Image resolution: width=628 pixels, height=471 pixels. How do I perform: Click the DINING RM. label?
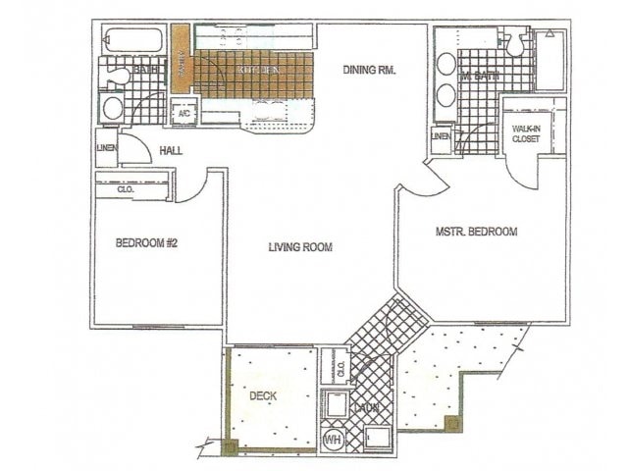369,70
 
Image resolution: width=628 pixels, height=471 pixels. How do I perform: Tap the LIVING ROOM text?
300,247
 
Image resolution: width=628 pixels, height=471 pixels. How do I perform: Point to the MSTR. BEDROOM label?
476,233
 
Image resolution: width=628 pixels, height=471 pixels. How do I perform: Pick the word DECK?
261,396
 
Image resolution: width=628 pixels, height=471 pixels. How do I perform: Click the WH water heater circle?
333,439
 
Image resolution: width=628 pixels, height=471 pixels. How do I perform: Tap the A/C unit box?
183,113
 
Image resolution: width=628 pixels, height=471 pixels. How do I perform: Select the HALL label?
171,150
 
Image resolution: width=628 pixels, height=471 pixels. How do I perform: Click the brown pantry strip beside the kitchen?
181,59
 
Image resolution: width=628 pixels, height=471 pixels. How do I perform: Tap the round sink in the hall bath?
112,108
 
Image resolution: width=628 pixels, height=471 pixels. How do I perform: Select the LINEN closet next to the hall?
106,148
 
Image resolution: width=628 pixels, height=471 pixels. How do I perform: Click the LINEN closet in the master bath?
442,136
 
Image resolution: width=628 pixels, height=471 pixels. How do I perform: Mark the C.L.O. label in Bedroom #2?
127,189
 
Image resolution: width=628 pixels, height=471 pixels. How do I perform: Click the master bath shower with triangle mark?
550,59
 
